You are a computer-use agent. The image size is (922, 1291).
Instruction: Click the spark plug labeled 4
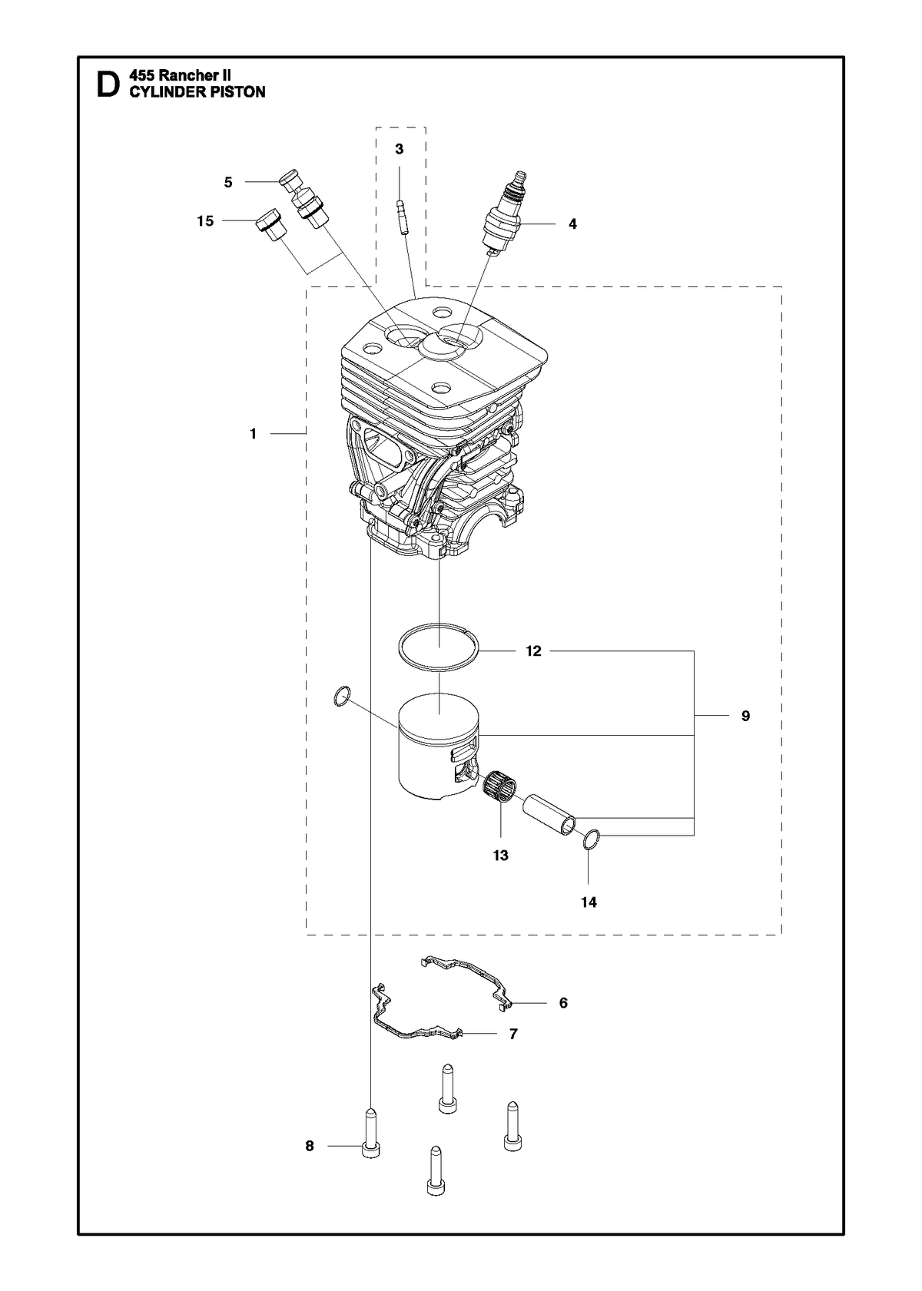coord(505,214)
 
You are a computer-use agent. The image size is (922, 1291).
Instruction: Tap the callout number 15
coord(205,221)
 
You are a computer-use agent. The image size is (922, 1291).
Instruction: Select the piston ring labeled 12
coord(438,647)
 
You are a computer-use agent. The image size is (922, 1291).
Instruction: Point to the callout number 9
coord(745,716)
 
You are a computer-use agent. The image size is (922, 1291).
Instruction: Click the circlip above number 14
coord(592,839)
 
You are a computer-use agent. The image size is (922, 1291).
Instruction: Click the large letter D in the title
coord(108,84)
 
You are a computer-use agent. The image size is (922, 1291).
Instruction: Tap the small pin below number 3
coord(403,216)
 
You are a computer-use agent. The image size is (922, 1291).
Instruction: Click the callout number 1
coord(253,434)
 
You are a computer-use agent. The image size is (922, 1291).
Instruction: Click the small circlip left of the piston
coord(342,697)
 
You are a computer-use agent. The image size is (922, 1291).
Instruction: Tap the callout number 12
coord(533,651)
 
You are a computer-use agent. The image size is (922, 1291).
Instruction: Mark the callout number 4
coord(572,224)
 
